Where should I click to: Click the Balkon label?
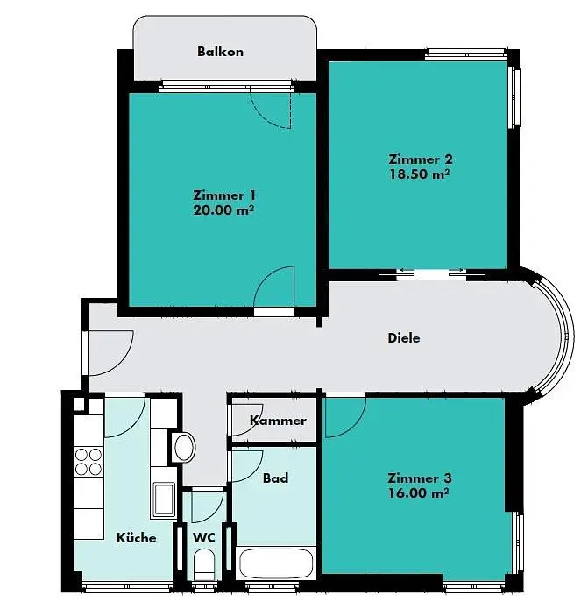coord(220,52)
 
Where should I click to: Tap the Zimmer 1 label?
coord(224,195)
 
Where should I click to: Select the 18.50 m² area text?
coord(420,174)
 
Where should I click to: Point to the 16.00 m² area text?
coord(418,492)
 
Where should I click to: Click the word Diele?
coord(404,338)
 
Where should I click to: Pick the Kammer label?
coord(278,421)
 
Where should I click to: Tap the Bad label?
coord(275,478)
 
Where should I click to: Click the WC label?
coord(203,538)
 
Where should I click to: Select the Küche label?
coord(137,537)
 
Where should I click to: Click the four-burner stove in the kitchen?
coord(89,462)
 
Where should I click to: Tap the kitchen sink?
coord(164,499)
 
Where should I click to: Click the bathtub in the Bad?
coord(276,563)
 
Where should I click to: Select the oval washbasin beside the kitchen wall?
coord(185,447)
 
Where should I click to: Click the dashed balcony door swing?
coord(271,110)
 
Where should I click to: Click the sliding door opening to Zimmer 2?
coord(432,274)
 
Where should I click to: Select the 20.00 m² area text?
coord(224,210)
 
